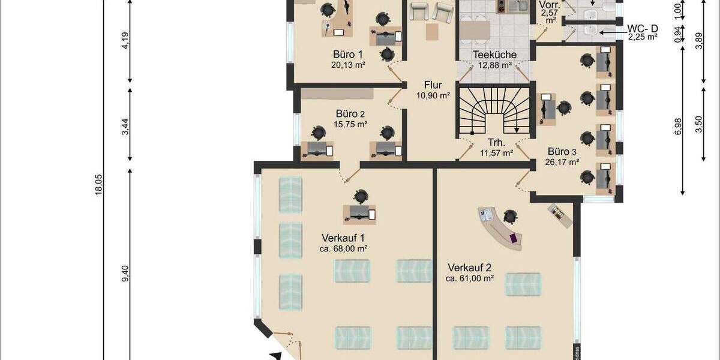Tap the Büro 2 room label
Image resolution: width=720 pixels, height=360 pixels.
coord(350,113)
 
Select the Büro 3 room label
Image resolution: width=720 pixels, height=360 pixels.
coord(562,151)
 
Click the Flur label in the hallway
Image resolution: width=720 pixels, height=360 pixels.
coord(433,85)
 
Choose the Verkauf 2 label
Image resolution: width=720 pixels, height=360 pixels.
coord(469,267)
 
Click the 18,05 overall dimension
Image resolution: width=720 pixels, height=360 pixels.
coord(100,180)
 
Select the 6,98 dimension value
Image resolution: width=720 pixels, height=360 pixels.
coord(678,126)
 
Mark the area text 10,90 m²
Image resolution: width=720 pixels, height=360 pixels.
coord(433,95)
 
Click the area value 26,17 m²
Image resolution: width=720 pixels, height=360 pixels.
coord(562,162)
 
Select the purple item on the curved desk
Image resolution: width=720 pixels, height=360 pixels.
coord(514,238)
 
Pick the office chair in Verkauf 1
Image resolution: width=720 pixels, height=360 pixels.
coord(361,196)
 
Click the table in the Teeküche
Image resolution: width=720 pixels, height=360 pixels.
coord(475,29)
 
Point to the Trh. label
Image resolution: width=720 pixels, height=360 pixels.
coord(496,143)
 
